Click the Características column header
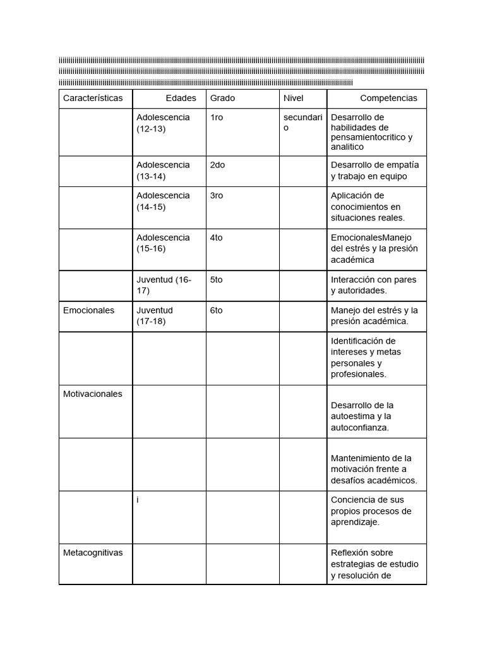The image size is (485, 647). point(93,98)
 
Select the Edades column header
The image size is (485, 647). point(181,98)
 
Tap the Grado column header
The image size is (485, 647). point(222,98)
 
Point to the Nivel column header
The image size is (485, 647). point(293,98)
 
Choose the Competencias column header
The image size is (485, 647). point(388,98)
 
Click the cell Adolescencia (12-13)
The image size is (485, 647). point(163,123)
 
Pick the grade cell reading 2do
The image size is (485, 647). point(217,164)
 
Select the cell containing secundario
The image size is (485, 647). point(302,123)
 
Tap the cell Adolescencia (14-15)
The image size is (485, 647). point(163,201)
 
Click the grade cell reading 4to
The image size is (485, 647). point(217,238)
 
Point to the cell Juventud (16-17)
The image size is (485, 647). point(164,285)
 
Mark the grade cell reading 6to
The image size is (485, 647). point(217,310)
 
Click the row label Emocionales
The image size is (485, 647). point(89,310)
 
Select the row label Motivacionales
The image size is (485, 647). point(93,394)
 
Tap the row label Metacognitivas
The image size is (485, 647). point(93,552)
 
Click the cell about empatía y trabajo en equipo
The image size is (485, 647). point(374,171)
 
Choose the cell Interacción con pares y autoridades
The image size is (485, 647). point(373,285)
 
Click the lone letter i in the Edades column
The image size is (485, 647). point(138,499)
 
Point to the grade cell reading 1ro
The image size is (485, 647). point(217,118)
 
